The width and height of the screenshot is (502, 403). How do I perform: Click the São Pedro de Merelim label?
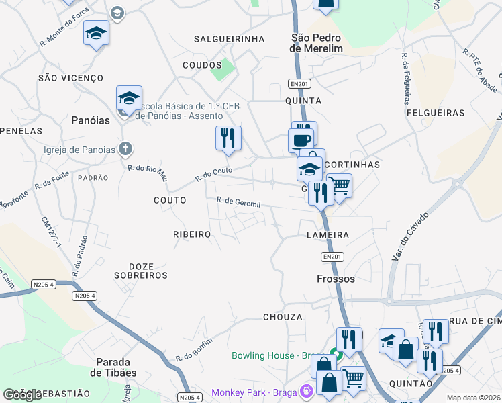click(x=316, y=44)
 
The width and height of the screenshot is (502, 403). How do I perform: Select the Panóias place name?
click(x=90, y=120)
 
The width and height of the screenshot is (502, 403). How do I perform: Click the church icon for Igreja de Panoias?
click(x=125, y=148)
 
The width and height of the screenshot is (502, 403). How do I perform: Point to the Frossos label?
click(x=336, y=278)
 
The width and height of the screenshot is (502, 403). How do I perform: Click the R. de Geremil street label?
click(x=238, y=202)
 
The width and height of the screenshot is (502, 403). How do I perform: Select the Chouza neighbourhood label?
click(x=283, y=316)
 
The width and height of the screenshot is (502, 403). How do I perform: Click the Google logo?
click(x=22, y=395)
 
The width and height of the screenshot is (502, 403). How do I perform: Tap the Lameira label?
click(x=328, y=235)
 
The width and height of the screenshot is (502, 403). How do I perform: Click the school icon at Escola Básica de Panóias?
click(x=128, y=99)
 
